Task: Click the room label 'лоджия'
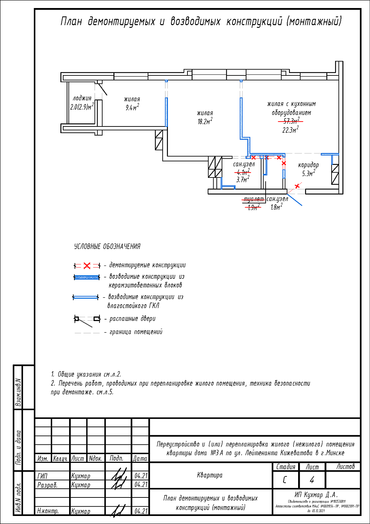click(82, 98)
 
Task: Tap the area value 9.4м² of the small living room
click(132, 108)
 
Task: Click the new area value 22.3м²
click(290, 130)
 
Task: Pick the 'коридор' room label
click(308, 165)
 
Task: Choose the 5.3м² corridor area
click(309, 174)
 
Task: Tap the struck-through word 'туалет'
click(254, 199)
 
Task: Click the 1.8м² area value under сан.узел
click(276, 207)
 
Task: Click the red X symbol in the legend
click(87, 266)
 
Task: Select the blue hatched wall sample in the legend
click(87, 277)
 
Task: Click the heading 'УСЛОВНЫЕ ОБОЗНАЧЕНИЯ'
click(107, 247)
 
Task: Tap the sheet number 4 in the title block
click(312, 480)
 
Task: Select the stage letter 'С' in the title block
click(285, 480)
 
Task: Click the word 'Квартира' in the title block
click(210, 475)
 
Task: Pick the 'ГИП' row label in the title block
click(42, 476)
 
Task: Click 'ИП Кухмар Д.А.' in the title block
click(316, 495)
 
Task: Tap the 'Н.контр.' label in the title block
click(48, 511)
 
